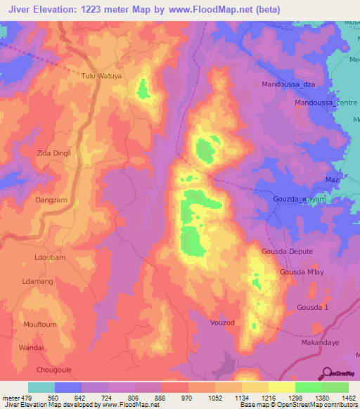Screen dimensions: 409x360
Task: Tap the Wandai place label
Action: [31, 347]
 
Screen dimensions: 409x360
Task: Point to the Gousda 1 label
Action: [313, 308]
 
